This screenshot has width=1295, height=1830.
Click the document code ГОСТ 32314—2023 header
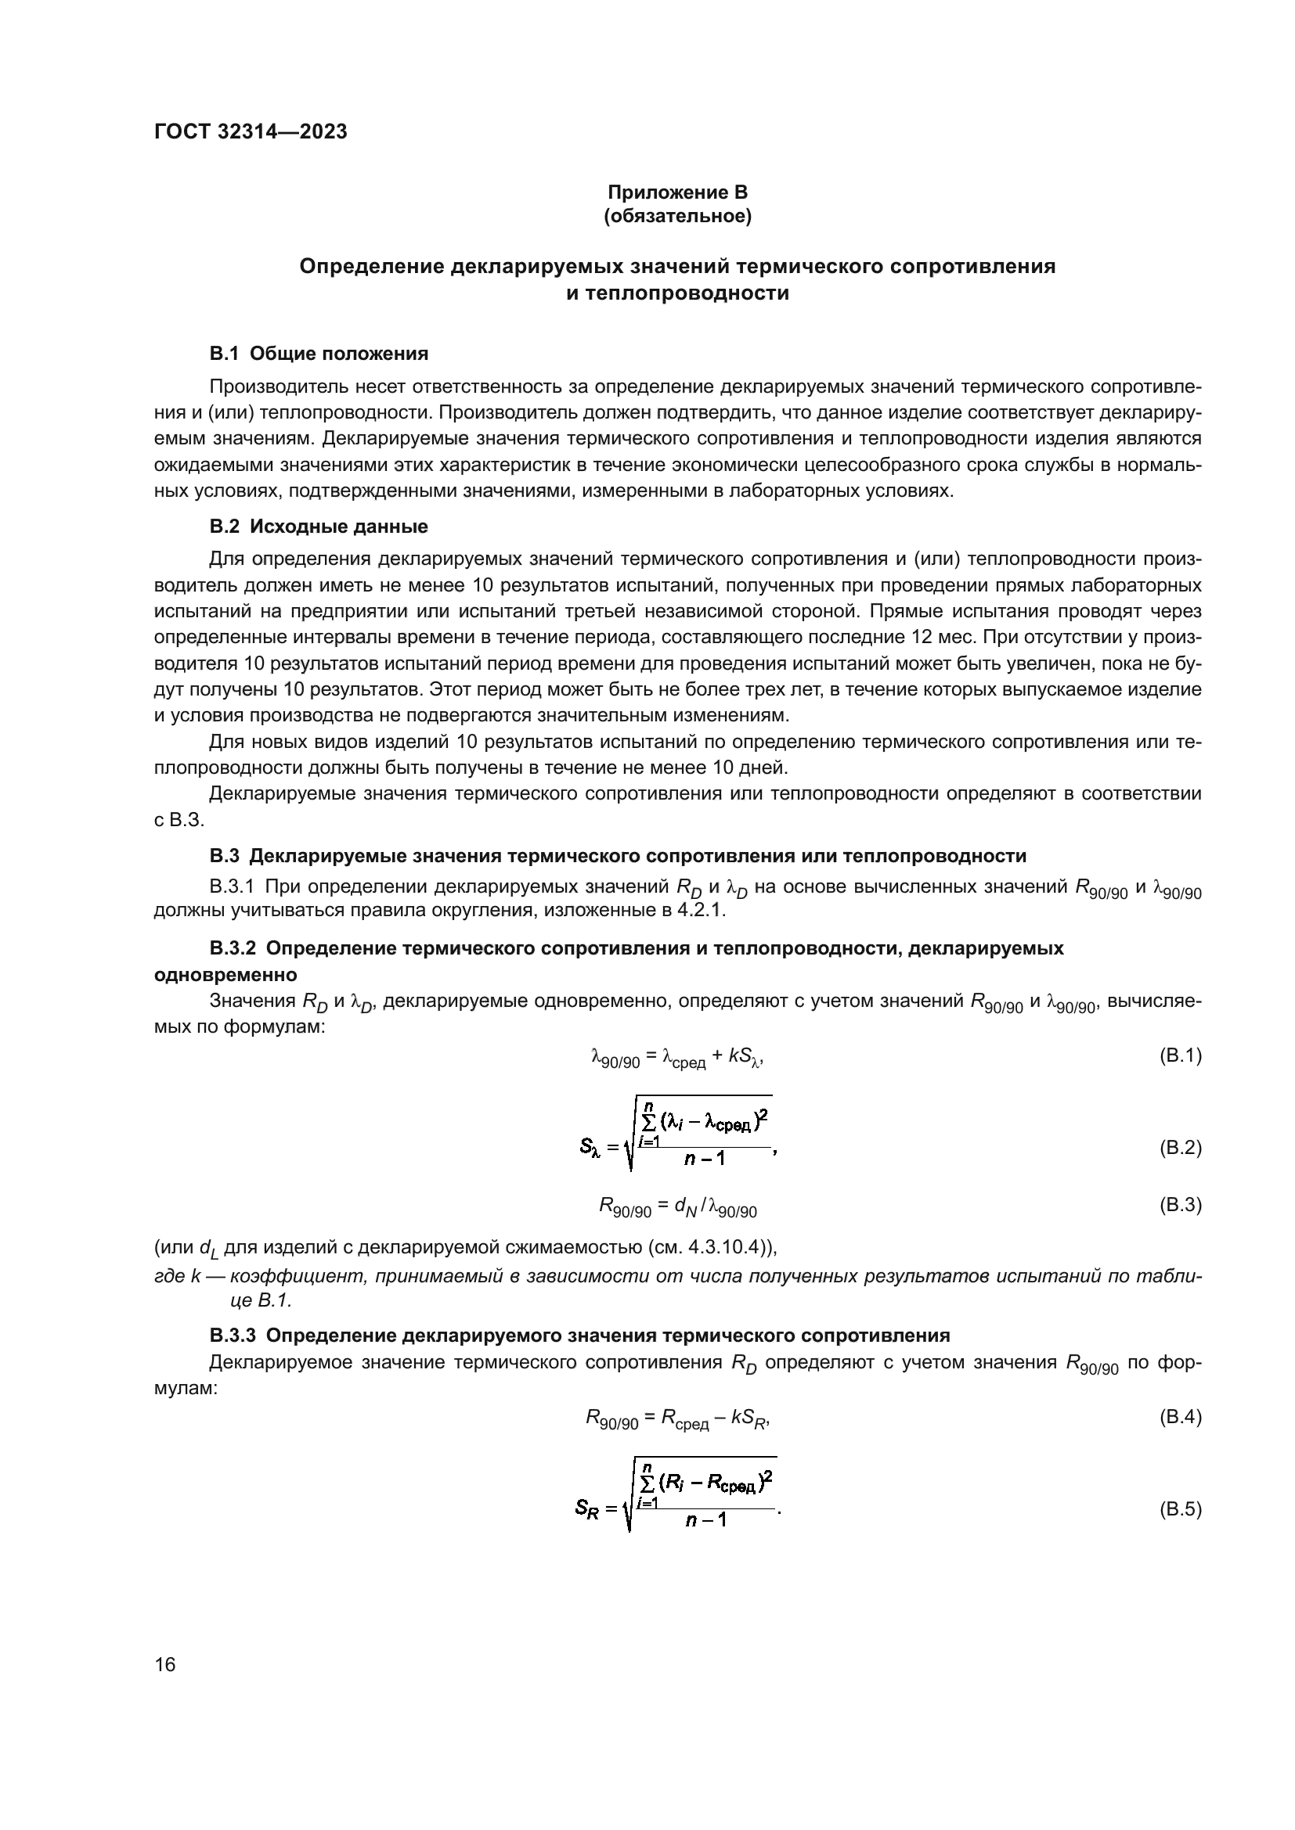[x=251, y=132]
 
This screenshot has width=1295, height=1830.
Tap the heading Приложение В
[x=677, y=192]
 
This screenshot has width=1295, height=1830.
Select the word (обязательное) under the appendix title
[x=677, y=216]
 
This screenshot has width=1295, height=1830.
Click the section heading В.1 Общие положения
[x=319, y=353]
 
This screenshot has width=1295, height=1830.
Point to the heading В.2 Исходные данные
[x=319, y=526]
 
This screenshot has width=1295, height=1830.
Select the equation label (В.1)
[x=1179, y=1055]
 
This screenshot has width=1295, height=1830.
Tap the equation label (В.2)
[x=1179, y=1148]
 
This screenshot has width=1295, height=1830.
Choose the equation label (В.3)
[x=1179, y=1204]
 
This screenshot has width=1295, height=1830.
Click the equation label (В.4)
[x=1179, y=1417]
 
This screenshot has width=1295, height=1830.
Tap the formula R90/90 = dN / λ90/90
[x=678, y=1206]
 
